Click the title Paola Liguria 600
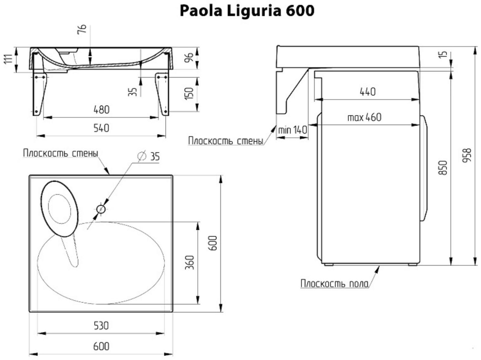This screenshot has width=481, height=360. [247, 11]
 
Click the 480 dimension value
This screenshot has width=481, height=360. [101, 110]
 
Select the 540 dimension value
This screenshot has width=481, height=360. [101, 128]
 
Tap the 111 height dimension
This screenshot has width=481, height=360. [8, 59]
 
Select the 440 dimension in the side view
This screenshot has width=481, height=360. [367, 92]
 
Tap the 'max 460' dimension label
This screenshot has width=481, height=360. [364, 117]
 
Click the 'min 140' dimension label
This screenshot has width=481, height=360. [292, 130]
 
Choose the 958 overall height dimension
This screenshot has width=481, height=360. [468, 155]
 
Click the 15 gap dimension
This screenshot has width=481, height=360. [443, 54]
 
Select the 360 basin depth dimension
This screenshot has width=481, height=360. [190, 262]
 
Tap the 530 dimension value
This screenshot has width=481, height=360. [101, 325]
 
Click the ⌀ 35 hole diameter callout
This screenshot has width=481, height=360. [149, 156]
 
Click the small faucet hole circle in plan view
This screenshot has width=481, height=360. [101, 210]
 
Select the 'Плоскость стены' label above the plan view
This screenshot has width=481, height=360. [60, 153]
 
